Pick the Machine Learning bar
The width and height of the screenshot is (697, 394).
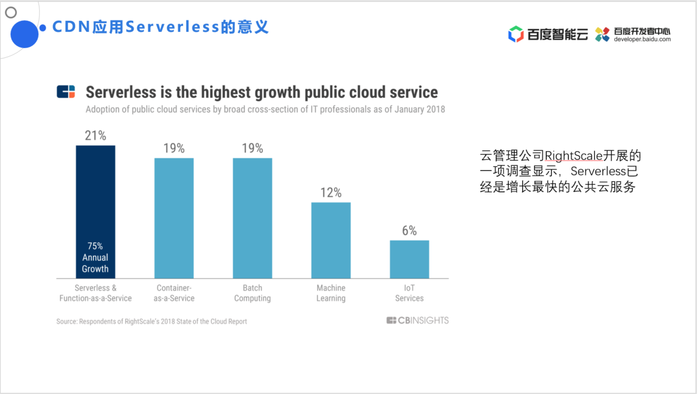click(x=331, y=240)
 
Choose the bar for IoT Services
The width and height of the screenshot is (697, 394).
click(x=409, y=259)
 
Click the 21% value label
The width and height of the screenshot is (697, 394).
click(x=95, y=136)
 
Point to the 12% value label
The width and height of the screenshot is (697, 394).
click(x=331, y=193)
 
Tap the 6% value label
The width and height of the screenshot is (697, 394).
click(x=409, y=230)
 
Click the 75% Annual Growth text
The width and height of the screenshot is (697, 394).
click(x=95, y=257)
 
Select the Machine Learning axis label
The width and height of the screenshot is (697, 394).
click(x=331, y=293)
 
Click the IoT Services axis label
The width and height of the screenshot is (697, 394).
click(x=409, y=293)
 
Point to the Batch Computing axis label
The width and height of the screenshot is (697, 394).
click(x=252, y=293)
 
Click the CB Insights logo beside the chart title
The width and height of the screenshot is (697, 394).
click(x=66, y=92)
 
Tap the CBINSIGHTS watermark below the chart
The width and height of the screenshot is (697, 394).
click(x=417, y=321)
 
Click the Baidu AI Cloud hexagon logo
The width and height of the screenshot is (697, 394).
click(x=516, y=34)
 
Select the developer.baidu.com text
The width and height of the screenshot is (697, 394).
click(x=643, y=40)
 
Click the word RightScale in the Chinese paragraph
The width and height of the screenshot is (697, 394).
click(x=573, y=156)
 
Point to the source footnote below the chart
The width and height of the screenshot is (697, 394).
click(x=152, y=321)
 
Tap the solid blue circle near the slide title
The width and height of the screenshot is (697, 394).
click(x=24, y=33)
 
